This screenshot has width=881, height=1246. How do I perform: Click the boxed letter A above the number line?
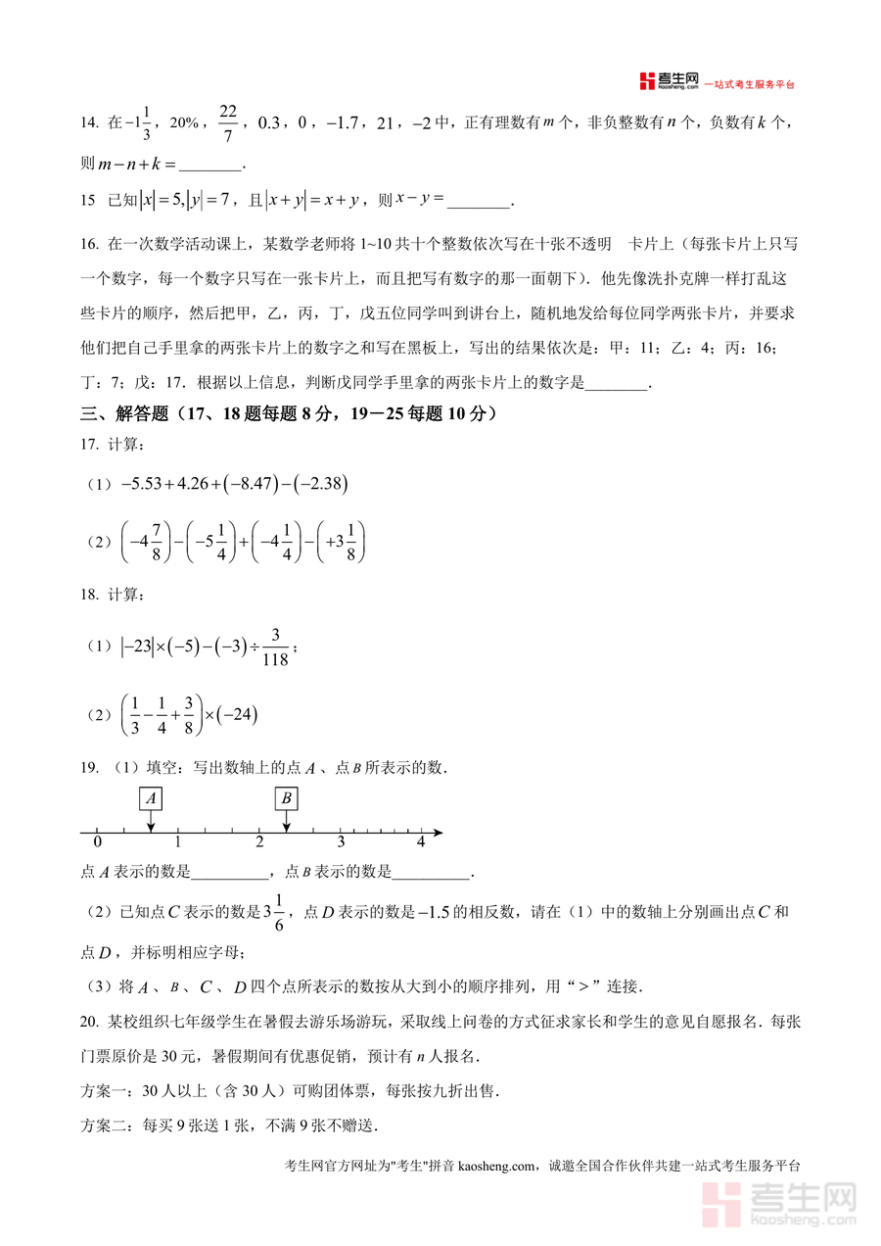click(151, 799)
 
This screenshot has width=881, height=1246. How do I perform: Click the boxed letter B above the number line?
click(286, 799)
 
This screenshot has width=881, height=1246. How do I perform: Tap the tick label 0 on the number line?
click(97, 842)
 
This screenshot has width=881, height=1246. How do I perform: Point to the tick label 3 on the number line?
click(341, 842)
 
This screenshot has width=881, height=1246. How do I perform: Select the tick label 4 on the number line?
click(421, 842)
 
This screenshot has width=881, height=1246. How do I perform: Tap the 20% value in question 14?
click(185, 123)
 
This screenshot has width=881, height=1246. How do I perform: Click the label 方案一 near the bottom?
click(105, 1091)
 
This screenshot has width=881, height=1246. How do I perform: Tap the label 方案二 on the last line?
click(105, 1126)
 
